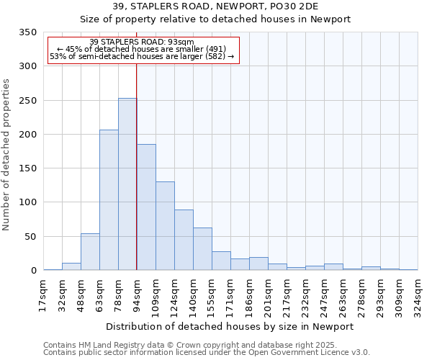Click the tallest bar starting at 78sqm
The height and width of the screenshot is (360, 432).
(127, 184)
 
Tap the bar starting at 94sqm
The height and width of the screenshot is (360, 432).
(146, 207)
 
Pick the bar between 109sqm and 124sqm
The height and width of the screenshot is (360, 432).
(165, 226)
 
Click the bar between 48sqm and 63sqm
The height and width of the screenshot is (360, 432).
(90, 252)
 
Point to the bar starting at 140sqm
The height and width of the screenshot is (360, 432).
(202, 249)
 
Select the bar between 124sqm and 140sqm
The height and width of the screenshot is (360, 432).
(184, 240)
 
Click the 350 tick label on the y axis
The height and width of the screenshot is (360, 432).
(28, 32)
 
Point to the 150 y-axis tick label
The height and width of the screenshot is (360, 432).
(28, 168)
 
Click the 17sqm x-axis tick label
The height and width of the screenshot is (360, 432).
(44, 295)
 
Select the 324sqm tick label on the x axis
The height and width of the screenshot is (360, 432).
(418, 295)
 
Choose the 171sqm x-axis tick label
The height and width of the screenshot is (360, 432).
(231, 295)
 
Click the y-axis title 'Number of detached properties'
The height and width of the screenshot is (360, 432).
(7, 155)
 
